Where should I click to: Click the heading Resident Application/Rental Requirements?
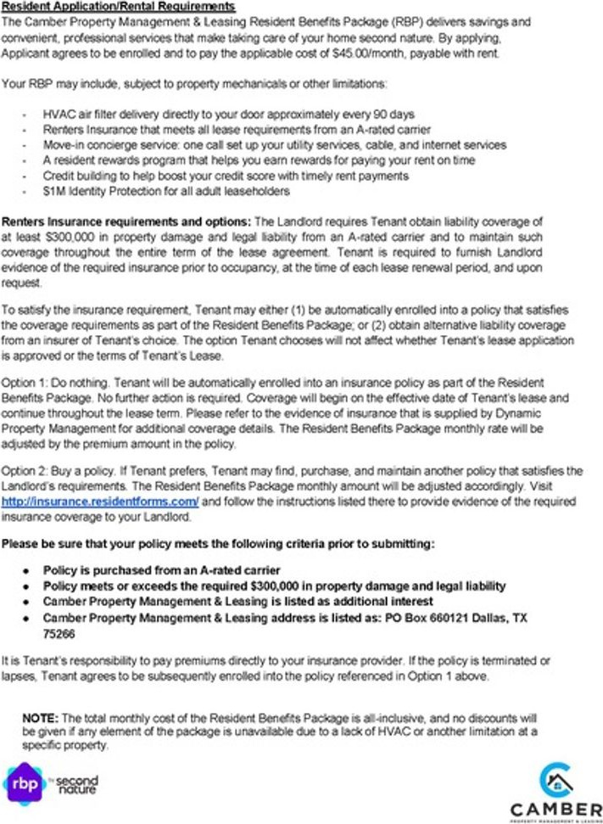tap(119, 7)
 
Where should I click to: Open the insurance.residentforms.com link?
tap(100, 502)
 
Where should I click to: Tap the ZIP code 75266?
tap(59, 633)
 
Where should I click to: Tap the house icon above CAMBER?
tap(556, 779)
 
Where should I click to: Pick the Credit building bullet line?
tap(226, 176)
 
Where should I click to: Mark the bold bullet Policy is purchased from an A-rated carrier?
tap(161, 570)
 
